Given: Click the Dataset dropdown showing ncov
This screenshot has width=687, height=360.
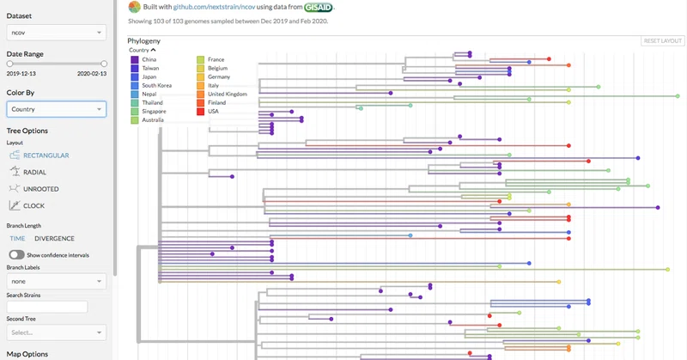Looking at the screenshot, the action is click(x=56, y=33).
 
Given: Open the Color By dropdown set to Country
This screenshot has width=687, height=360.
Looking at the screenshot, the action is click(x=56, y=109).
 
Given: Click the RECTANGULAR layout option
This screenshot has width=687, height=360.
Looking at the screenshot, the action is click(x=40, y=156).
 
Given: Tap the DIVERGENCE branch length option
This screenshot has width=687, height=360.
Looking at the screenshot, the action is click(x=54, y=239).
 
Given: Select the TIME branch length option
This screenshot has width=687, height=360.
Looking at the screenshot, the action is click(x=17, y=239).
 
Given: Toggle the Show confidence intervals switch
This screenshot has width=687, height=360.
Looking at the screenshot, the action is click(x=16, y=255).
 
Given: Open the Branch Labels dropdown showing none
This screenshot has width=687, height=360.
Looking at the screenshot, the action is click(x=56, y=281).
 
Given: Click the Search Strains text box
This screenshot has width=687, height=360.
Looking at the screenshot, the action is click(x=47, y=307).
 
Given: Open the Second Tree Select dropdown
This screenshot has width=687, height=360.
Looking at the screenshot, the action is click(x=56, y=333).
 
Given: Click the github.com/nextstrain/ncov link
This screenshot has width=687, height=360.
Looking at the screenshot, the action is click(x=214, y=7).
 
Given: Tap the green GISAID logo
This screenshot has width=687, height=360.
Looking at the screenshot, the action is click(x=319, y=7).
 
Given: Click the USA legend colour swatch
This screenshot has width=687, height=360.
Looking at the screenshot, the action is click(x=201, y=112).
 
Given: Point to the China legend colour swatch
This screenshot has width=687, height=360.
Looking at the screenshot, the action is click(x=135, y=59).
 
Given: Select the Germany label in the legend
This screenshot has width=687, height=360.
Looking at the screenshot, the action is click(x=219, y=76).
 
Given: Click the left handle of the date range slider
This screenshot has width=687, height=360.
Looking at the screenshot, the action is click(x=9, y=64).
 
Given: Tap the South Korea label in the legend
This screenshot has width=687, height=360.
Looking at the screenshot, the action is click(x=157, y=86).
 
